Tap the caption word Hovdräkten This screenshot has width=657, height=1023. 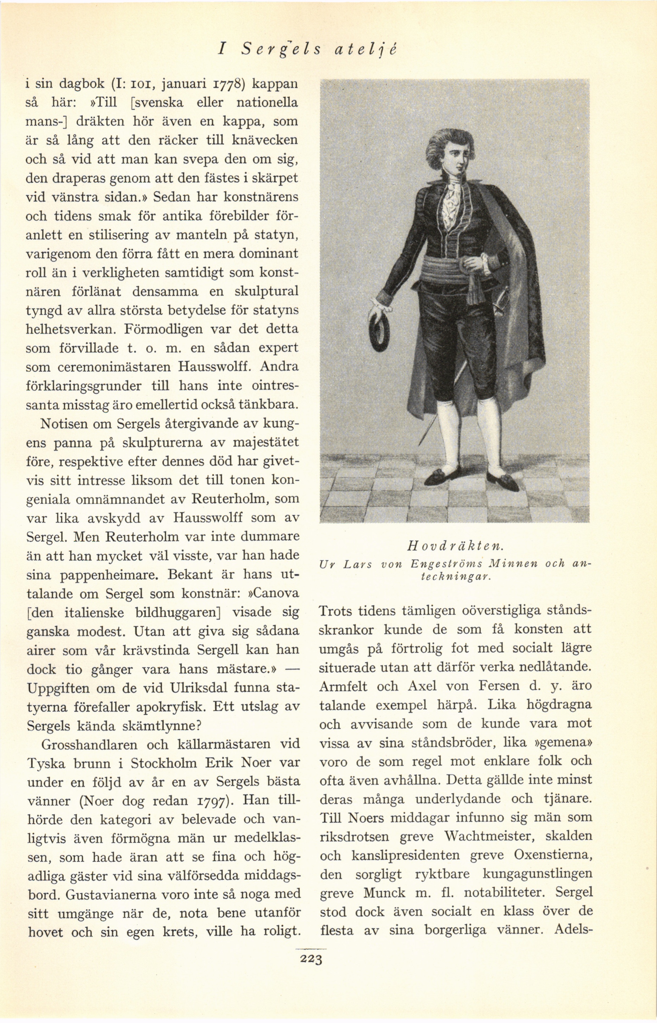pos(456,546)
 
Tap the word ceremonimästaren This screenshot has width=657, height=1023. pos(97,367)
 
